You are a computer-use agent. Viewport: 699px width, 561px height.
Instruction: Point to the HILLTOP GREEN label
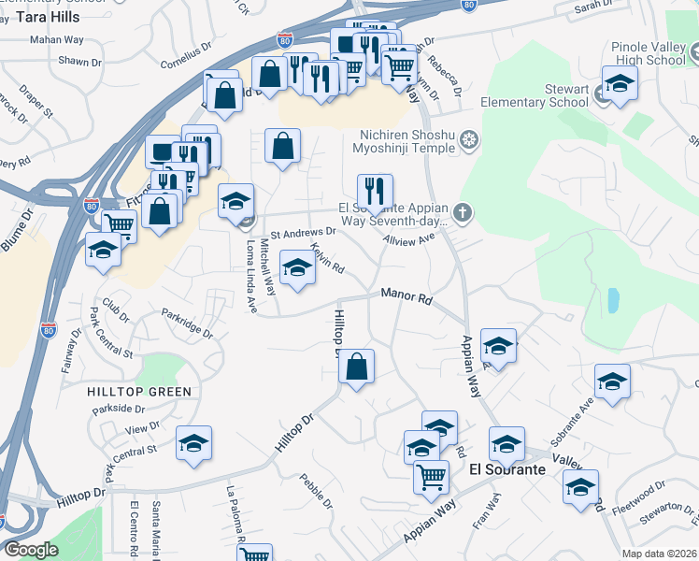[x=140, y=392]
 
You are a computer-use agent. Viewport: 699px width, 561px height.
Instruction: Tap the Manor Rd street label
[x=407, y=296]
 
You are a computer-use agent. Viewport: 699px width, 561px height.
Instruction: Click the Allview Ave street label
[x=410, y=239]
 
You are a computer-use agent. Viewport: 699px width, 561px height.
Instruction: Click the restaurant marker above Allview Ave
[x=375, y=192]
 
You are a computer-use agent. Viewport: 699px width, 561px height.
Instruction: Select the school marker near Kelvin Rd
[x=297, y=269]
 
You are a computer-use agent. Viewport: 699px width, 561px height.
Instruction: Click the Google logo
[x=31, y=550]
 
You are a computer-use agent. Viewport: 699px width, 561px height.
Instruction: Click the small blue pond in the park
[x=612, y=300]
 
